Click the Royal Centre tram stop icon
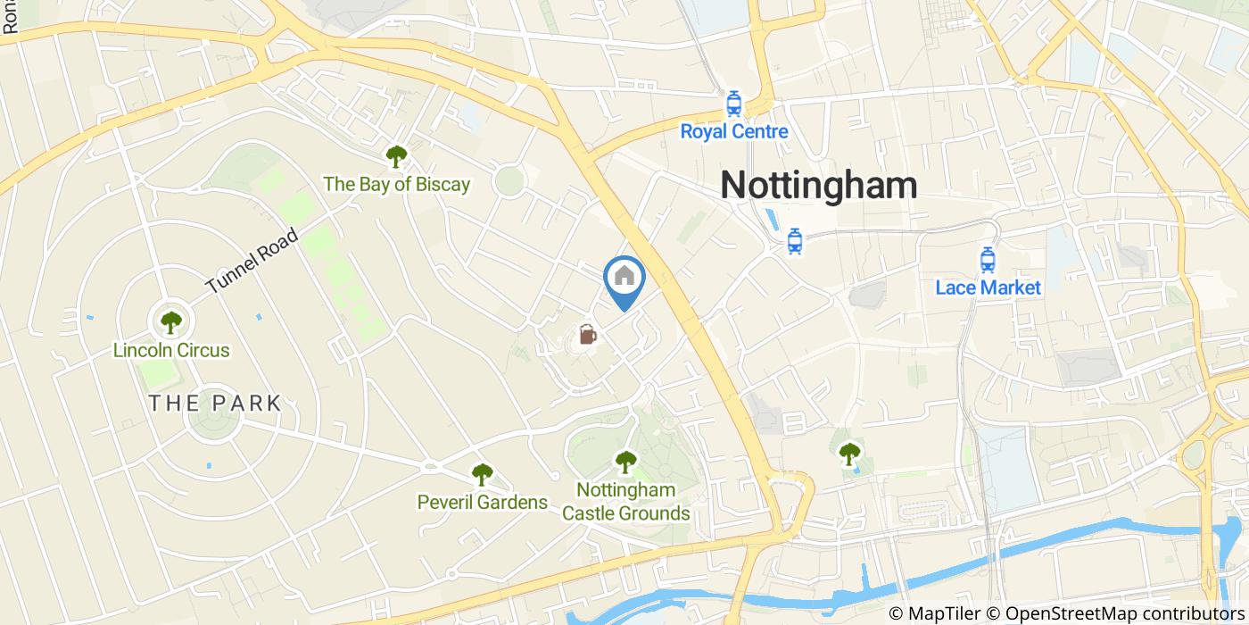pyautogui.click(x=733, y=104)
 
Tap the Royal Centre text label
pyautogui.click(x=733, y=132)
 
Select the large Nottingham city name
pyautogui.click(x=818, y=185)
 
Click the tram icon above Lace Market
pyautogui.click(x=987, y=259)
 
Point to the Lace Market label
pyautogui.click(x=988, y=287)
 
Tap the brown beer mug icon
pyautogui.click(x=587, y=335)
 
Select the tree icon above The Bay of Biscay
pyautogui.click(x=396, y=156)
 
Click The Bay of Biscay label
pyautogui.click(x=396, y=185)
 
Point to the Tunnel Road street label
pyautogui.click(x=252, y=261)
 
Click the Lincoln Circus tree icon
pyautogui.click(x=170, y=321)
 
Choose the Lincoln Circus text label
pyautogui.click(x=171, y=351)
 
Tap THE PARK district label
pyautogui.click(x=215, y=403)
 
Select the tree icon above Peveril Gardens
pyautogui.click(x=482, y=474)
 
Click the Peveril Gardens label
pyautogui.click(x=482, y=503)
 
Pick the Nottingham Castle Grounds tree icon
pyautogui.click(x=625, y=462)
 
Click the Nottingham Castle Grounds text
pyautogui.click(x=625, y=502)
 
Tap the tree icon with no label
pyautogui.click(x=849, y=454)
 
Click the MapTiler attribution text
pyautogui.click(x=934, y=613)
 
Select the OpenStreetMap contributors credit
pyautogui.click(x=1116, y=613)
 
